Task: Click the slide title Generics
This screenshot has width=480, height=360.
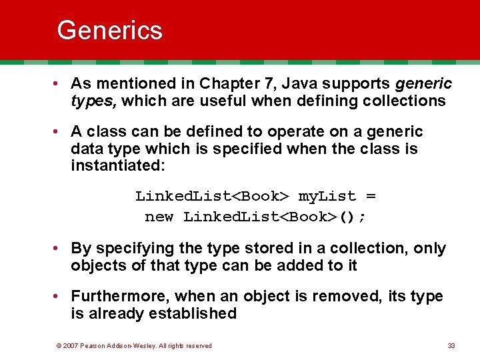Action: coord(109,31)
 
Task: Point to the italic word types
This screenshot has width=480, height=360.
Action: coord(93,101)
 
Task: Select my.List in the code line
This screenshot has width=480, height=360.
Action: coord(327,196)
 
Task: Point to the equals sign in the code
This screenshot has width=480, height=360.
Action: coord(371,196)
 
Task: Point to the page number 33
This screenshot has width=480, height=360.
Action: coord(451,345)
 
